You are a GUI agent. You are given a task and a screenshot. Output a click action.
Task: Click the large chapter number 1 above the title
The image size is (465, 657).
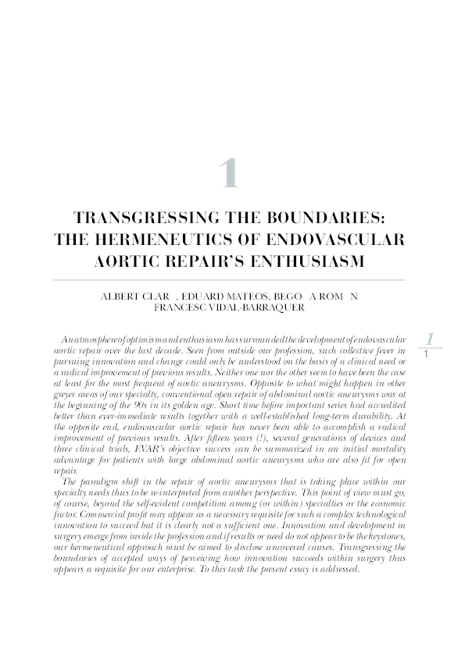(228, 173)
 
